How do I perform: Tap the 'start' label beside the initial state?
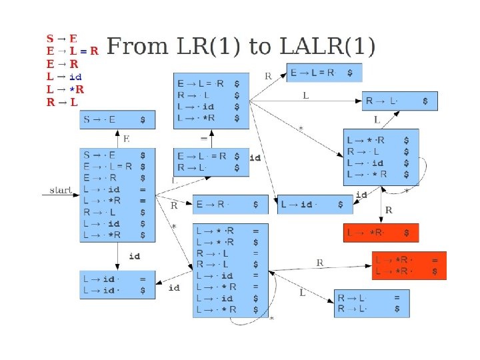(61, 191)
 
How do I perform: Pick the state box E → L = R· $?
(325, 73)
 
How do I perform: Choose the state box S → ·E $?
(117, 120)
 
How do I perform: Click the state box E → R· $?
(231, 205)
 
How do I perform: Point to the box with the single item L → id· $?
(315, 205)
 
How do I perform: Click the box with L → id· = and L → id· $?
(118, 285)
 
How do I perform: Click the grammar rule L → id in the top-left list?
(64, 77)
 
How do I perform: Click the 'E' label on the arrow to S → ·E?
(127, 139)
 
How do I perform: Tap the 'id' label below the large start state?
(134, 256)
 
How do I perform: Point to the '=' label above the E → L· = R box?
(204, 139)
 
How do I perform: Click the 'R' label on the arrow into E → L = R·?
(268, 76)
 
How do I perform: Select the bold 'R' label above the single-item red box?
(389, 211)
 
